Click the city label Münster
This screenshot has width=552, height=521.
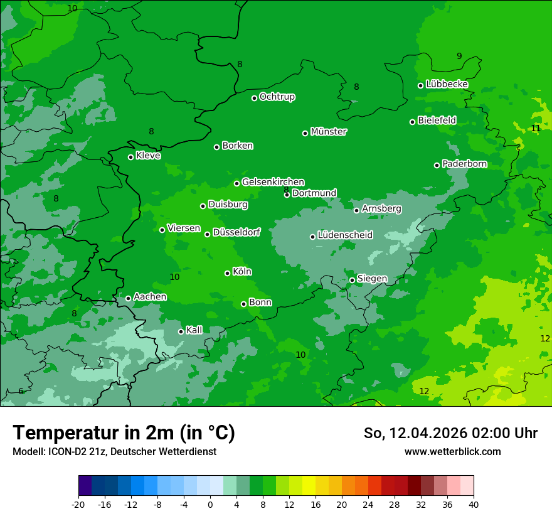click(x=329, y=132)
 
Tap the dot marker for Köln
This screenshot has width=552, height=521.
click(x=227, y=273)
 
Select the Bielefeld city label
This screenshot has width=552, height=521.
click(x=437, y=120)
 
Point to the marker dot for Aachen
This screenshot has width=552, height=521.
click(x=128, y=298)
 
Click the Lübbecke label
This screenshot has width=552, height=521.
click(x=447, y=84)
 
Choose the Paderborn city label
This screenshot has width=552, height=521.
click(x=464, y=164)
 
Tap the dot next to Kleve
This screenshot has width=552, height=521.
click(x=130, y=157)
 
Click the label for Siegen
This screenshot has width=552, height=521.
click(x=372, y=279)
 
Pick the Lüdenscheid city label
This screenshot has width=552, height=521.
click(x=345, y=235)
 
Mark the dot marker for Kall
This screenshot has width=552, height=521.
click(x=181, y=331)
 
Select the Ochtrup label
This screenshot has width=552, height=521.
click(x=277, y=97)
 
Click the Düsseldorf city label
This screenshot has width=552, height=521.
click(x=236, y=232)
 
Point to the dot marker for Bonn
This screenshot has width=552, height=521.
click(x=243, y=304)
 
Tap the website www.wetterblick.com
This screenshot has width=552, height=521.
click(x=452, y=452)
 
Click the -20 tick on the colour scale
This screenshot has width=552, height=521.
click(x=78, y=504)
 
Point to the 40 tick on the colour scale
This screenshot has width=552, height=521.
click(x=474, y=504)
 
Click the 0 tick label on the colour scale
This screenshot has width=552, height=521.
click(x=210, y=504)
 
